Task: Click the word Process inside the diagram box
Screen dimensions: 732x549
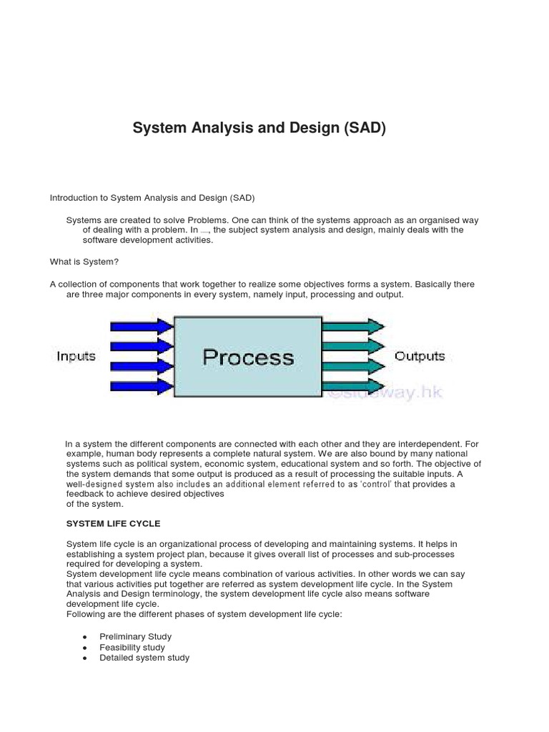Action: (248, 357)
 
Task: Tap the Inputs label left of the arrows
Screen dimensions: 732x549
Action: (76, 356)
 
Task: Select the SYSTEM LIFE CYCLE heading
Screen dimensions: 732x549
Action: (113, 524)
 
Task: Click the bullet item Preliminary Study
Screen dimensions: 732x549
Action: (135, 636)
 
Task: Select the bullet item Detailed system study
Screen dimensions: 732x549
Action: (144, 658)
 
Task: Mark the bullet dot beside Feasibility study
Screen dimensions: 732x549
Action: (85, 648)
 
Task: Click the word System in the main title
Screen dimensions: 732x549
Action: (159, 129)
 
